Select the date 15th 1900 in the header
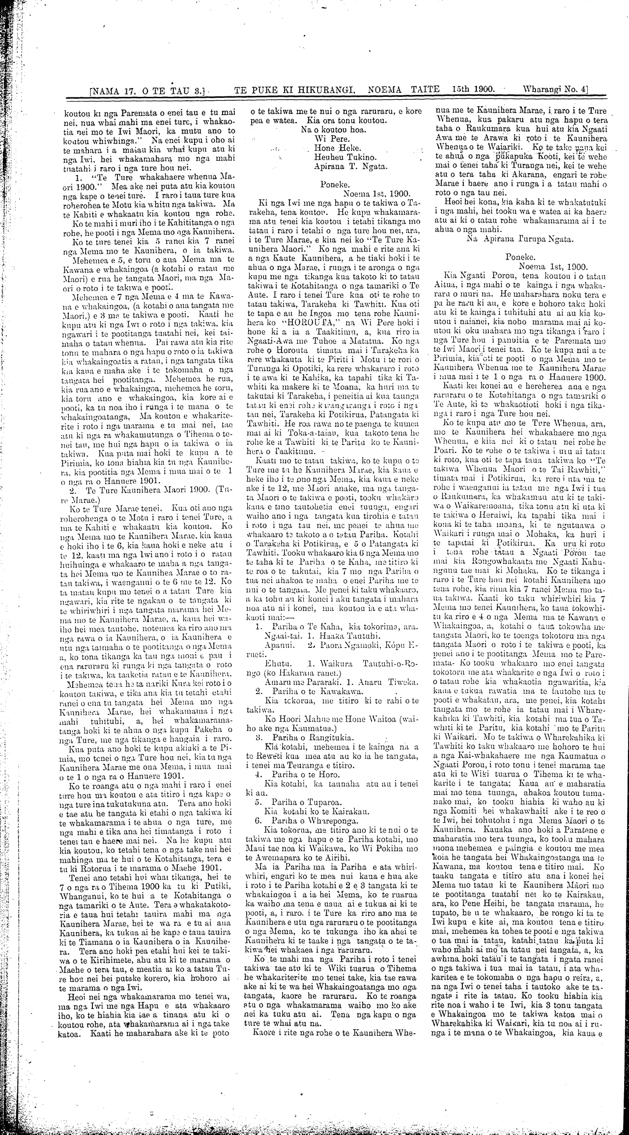click(x=472, y=90)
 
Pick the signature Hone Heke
click(x=338, y=147)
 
